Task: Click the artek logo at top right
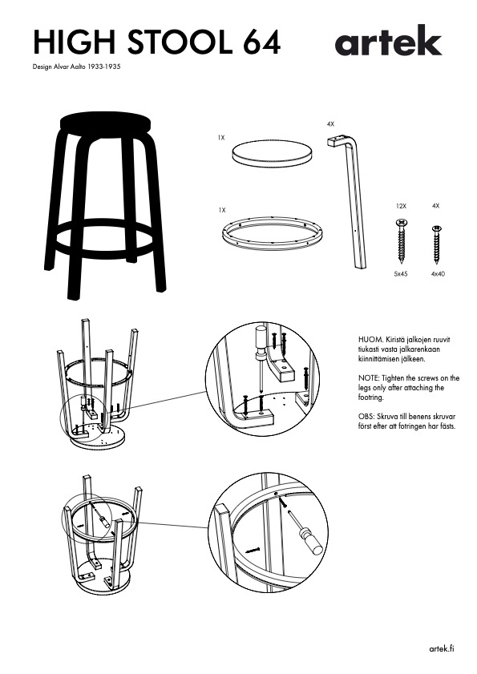(388, 40)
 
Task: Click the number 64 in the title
(261, 42)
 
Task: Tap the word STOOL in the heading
(180, 42)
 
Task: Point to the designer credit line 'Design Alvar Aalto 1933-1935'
(77, 67)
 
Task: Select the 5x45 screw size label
(401, 274)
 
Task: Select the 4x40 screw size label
(438, 274)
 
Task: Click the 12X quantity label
(401, 206)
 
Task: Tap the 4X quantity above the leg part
(330, 124)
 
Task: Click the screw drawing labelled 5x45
(401, 240)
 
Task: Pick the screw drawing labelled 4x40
(438, 244)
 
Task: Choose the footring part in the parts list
(273, 233)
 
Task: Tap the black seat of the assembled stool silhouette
(105, 123)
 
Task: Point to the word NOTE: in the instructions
(369, 378)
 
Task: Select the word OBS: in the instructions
(366, 417)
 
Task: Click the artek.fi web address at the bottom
(442, 648)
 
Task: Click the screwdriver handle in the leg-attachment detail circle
(261, 336)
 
